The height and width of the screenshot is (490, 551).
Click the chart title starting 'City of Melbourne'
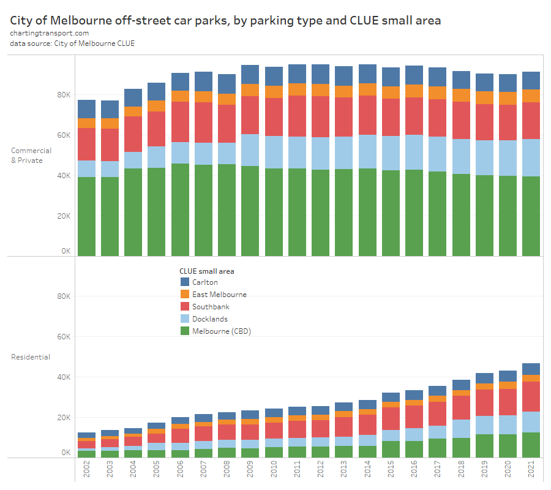coord(225,21)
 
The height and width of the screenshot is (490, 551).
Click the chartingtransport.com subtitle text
coord(50,33)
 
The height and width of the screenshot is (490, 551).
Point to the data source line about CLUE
coord(72,43)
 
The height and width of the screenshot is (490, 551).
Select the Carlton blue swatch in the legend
coord(185,282)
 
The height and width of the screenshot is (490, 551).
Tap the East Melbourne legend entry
coord(219,295)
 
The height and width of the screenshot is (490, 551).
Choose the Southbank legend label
coord(211,307)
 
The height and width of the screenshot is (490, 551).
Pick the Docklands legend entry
coord(209,319)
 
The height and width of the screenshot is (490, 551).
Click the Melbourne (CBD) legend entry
coord(221,331)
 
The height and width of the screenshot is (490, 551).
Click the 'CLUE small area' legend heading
coord(206,271)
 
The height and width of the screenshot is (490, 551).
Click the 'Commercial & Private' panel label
coord(31,156)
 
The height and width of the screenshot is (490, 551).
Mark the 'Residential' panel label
coord(31,357)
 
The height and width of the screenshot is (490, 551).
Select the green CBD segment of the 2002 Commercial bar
coord(86,216)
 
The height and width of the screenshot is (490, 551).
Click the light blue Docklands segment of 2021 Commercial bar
coord(531,157)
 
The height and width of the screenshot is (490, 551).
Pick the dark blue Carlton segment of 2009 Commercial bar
coord(250,74)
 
